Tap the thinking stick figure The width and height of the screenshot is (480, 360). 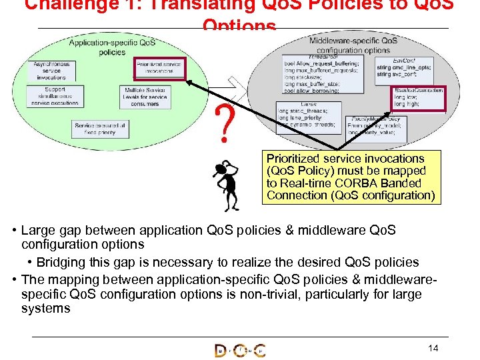(x=229, y=183)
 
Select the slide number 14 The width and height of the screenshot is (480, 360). (x=433, y=348)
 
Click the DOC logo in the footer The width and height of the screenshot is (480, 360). (x=239, y=351)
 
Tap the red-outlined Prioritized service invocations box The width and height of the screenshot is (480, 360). (x=158, y=67)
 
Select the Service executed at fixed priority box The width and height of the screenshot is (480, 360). (x=100, y=128)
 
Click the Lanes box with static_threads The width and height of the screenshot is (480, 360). (x=308, y=114)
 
